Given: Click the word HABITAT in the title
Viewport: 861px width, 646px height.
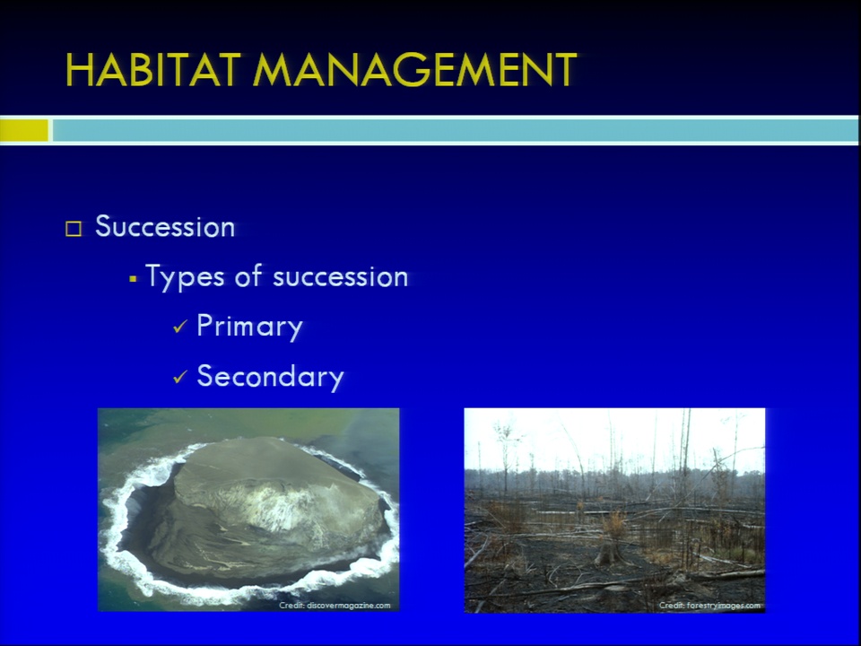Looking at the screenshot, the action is tap(153, 70).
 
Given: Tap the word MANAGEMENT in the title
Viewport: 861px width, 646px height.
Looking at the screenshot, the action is tap(415, 70).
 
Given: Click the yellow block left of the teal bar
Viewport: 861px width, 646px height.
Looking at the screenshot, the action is tap(24, 131).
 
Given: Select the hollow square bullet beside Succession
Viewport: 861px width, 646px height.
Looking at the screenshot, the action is tap(74, 229).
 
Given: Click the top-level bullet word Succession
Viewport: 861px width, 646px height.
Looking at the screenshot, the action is tap(165, 226).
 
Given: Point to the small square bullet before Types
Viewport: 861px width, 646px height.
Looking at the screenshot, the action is tap(133, 279).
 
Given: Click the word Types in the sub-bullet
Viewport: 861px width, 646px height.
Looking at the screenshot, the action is tap(185, 277).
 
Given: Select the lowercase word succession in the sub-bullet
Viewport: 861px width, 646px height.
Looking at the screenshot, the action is tap(341, 277).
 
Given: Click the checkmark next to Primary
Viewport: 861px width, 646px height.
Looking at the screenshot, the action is tap(180, 327).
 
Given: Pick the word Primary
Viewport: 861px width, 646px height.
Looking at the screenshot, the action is tap(250, 327).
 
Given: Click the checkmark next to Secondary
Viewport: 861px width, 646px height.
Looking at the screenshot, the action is tap(180, 377).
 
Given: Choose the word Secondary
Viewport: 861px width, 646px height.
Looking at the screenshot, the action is tap(270, 377).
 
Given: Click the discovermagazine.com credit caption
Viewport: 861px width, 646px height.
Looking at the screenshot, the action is tap(335, 606).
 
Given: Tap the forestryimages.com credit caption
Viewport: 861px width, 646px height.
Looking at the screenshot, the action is tap(710, 606).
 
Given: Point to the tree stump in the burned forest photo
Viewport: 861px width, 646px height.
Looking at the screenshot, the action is tap(607, 552).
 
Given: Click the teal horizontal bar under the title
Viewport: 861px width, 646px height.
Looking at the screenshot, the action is tap(456, 131).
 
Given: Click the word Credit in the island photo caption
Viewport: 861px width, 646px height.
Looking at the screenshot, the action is tap(291, 606).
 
